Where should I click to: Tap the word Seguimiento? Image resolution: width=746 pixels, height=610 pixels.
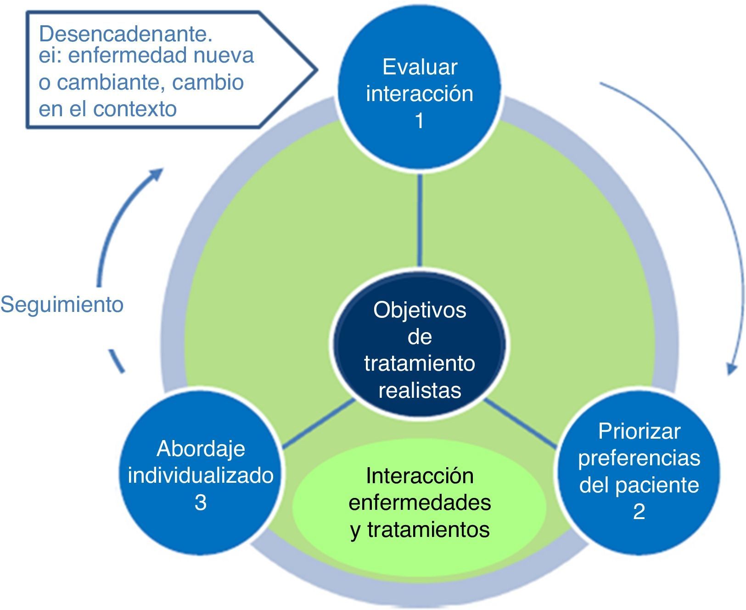[x=62, y=305]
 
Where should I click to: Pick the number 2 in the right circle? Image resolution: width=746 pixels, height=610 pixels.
[x=639, y=512]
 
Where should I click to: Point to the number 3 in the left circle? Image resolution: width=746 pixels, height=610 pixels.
[x=201, y=502]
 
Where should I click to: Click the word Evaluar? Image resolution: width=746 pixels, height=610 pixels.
[x=420, y=67]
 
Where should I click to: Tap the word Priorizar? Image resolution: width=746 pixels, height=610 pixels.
[x=639, y=431]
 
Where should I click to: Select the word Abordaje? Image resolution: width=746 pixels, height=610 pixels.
[x=201, y=449]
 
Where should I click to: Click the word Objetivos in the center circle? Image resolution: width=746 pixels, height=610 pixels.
[x=420, y=310]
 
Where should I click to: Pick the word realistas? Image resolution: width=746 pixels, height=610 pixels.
[x=420, y=390]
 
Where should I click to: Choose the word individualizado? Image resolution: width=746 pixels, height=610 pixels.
[x=201, y=475]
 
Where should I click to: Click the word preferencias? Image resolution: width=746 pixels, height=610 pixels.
[x=639, y=458]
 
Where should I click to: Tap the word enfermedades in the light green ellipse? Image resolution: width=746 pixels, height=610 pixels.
[x=420, y=503]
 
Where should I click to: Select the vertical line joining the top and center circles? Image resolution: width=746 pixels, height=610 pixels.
[x=420, y=220]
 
